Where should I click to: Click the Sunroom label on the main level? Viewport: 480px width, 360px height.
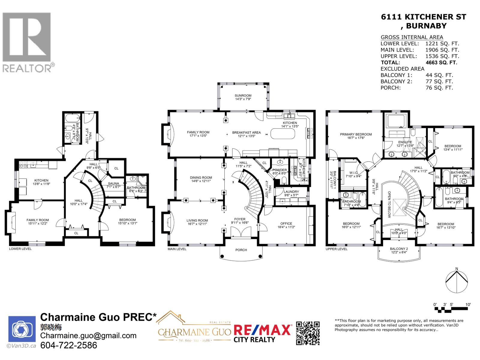point(243,96)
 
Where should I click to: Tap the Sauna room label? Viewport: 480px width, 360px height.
point(113,183)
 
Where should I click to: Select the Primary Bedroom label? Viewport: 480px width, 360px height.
point(356,134)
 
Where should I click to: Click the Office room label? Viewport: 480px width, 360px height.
point(286,223)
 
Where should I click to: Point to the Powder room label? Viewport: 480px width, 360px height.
point(280,170)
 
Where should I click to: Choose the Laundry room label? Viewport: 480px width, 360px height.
point(291,192)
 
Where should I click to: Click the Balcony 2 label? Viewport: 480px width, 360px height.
point(399,249)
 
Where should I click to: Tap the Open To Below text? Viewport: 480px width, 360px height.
point(389,204)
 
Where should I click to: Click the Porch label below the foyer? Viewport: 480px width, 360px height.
point(241,250)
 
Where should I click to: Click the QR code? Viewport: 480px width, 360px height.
point(308,333)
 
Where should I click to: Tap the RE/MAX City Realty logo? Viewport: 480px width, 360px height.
point(262,333)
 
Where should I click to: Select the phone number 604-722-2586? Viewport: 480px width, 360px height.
point(69,345)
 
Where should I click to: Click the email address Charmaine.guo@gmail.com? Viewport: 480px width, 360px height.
point(88,336)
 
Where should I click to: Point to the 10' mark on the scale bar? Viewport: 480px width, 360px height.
point(468,304)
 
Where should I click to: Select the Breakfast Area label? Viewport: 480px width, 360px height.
point(246,132)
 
